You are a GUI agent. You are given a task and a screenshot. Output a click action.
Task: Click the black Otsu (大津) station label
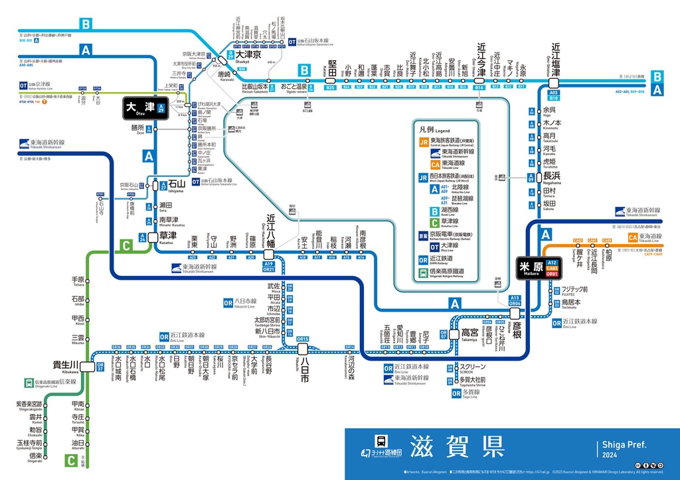pos(140,107)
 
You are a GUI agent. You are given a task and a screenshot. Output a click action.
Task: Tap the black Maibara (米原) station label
pos(531,267)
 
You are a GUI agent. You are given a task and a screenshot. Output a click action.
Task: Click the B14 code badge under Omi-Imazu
pos(479,87)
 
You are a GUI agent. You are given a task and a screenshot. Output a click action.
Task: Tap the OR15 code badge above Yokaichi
pos(303,339)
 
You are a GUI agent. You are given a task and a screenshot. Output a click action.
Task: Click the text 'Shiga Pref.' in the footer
pos(624,445)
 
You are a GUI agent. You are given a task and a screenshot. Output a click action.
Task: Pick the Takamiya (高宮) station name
pos(469,332)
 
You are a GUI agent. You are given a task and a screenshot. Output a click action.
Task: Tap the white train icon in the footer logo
pos(381,442)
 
